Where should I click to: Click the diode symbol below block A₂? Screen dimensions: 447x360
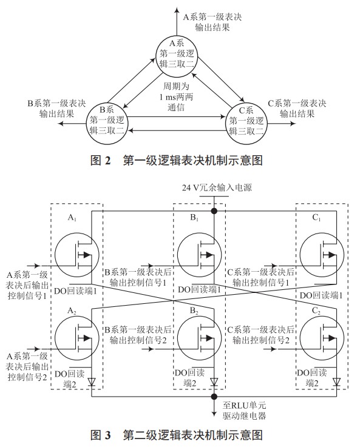tap(91, 382)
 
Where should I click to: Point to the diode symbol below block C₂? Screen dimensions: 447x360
tap(335, 382)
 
